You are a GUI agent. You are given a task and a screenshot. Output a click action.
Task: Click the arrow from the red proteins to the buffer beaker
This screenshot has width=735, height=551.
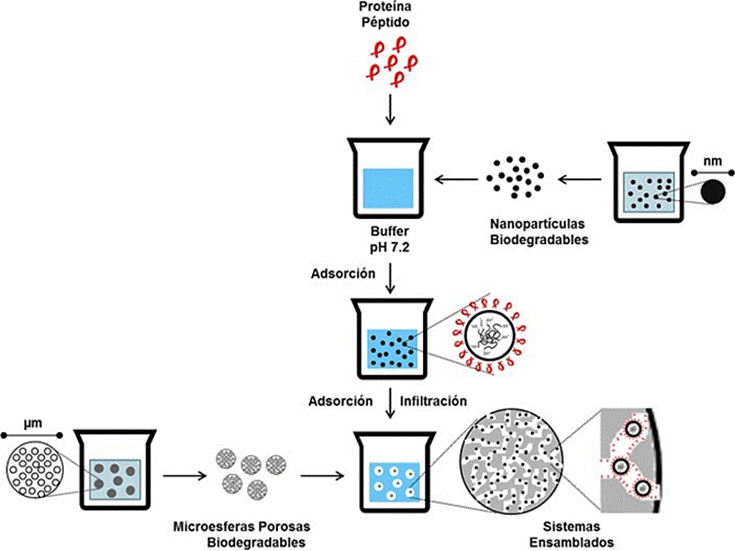(x=391, y=111)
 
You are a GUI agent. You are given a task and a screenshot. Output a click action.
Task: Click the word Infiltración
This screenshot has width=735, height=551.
(x=434, y=400)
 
